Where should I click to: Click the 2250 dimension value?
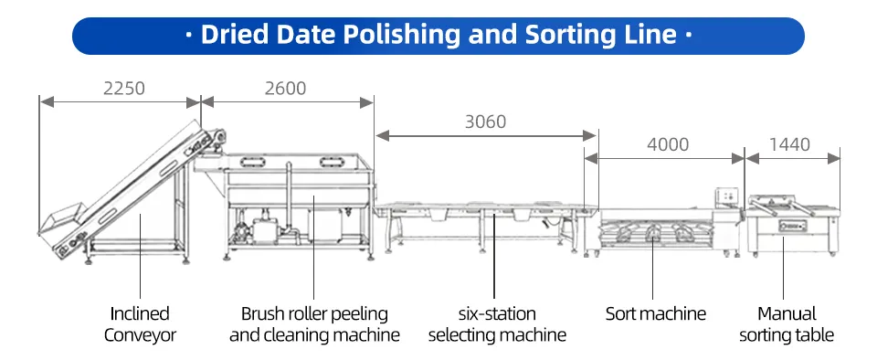[124, 89]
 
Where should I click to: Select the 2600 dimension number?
[285, 89]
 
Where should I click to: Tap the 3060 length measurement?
[485, 122]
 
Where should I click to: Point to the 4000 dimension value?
[668, 144]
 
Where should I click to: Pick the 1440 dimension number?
[789, 144]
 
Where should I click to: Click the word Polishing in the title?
[402, 36]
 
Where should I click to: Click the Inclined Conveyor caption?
[140, 324]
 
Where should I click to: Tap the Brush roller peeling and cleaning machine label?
[314, 324]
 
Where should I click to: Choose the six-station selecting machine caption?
[497, 324]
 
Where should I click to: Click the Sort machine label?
[656, 313]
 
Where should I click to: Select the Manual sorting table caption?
[787, 324]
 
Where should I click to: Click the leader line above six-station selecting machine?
[494, 255]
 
